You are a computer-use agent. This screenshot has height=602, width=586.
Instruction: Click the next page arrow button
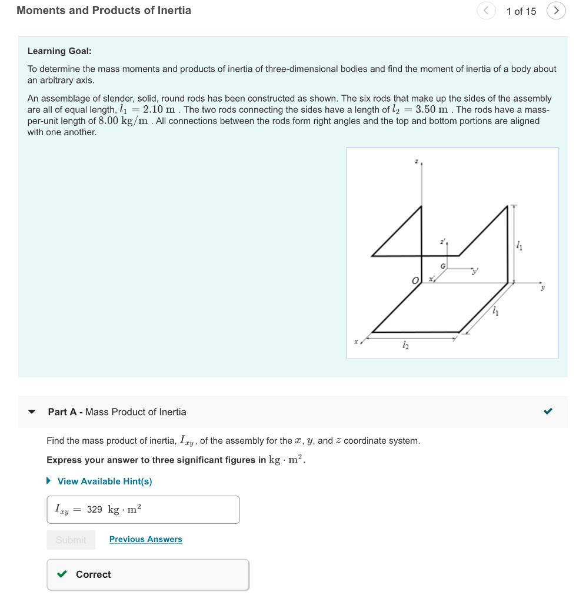556,11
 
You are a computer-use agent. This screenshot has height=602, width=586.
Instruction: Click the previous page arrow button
486,11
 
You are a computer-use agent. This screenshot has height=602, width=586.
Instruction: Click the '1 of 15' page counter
521,11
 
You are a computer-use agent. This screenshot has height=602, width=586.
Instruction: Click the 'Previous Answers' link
145,539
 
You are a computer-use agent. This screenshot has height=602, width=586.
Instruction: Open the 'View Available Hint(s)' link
104,481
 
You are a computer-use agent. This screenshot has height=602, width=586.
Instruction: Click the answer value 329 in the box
95,509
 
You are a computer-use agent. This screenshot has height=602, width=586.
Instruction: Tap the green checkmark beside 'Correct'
62,574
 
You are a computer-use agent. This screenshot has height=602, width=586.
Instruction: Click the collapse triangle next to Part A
32,412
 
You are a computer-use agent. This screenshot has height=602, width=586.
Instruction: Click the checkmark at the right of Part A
548,412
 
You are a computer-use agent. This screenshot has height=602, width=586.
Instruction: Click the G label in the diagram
444,266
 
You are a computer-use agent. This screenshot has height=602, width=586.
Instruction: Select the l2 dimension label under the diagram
404,347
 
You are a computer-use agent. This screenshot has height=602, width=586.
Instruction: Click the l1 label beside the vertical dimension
518,246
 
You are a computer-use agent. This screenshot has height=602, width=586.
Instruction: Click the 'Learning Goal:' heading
59,51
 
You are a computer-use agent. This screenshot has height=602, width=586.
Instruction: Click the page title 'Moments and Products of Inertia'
104,11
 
